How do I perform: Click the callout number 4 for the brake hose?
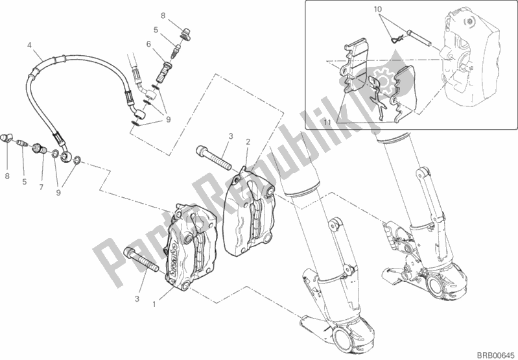pos(30,45)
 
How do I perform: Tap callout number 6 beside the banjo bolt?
pos(148,44)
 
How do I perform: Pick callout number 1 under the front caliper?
pos(154,303)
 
